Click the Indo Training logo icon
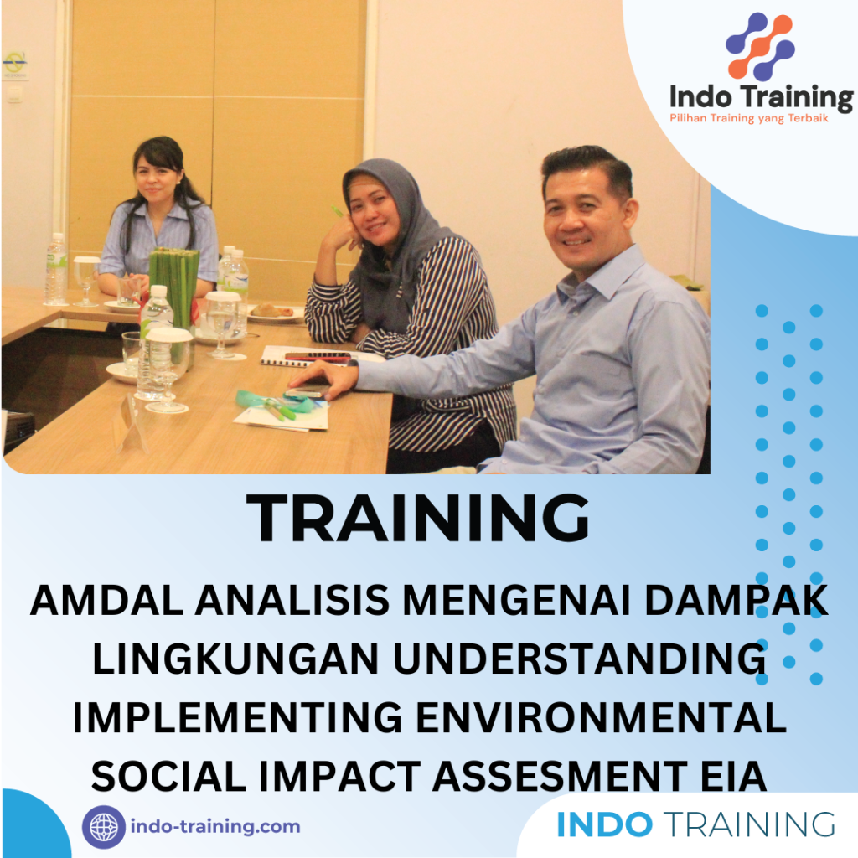[x=760, y=47]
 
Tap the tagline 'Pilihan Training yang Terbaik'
[x=749, y=118]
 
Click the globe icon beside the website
[x=104, y=827]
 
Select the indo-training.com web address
[x=215, y=827]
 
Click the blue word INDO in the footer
[x=604, y=824]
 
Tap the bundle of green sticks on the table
[x=174, y=285]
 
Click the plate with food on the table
[x=273, y=314]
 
